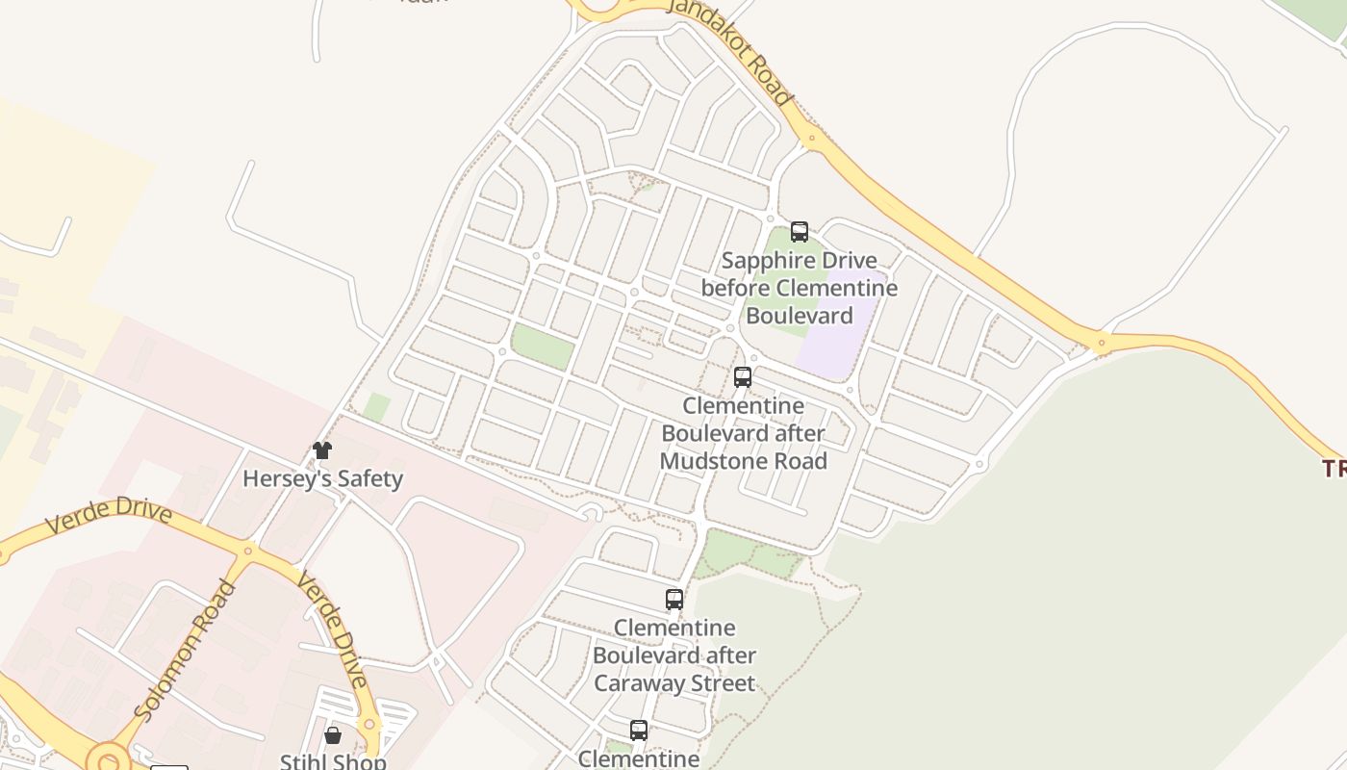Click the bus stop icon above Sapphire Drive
(800, 232)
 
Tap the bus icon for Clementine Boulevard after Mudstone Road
(743, 377)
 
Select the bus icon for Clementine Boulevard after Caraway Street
(674, 600)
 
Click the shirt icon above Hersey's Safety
(322, 450)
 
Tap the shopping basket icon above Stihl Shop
(333, 736)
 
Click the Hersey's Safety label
(322, 478)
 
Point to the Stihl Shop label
(333, 761)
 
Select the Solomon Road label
(186, 650)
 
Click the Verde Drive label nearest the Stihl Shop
(332, 627)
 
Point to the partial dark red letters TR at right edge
(1334, 469)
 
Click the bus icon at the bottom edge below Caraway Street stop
(639, 731)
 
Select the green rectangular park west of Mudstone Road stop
(543, 346)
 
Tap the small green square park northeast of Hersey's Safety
(376, 407)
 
